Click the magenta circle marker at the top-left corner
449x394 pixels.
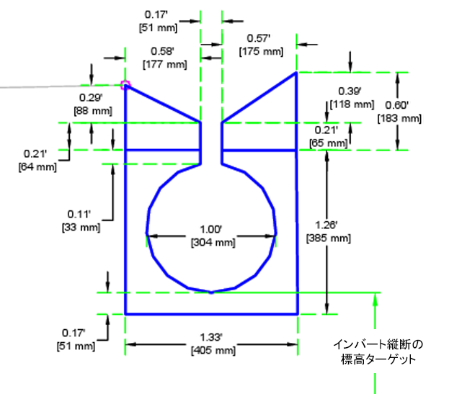tap(126, 85)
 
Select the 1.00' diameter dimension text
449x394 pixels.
tap(212, 230)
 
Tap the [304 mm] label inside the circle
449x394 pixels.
tap(212, 243)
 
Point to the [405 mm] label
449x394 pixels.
tap(212, 351)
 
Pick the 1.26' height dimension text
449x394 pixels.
tap(328, 225)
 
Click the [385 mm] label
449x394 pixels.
tap(328, 238)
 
